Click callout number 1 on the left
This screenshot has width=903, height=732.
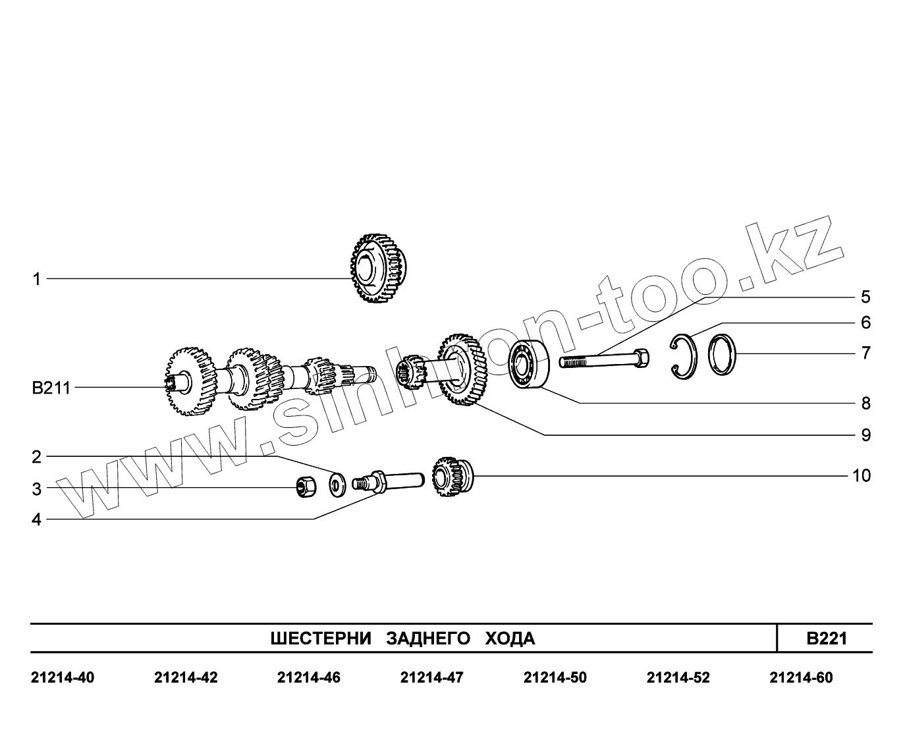(x=37, y=280)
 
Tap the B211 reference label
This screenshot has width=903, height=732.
(x=51, y=388)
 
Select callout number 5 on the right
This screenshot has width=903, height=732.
(x=865, y=298)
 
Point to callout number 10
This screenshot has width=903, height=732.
(x=862, y=476)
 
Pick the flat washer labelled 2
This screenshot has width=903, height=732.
(x=337, y=485)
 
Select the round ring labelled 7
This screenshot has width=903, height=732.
(x=723, y=355)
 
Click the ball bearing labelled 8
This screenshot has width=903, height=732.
(x=529, y=364)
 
